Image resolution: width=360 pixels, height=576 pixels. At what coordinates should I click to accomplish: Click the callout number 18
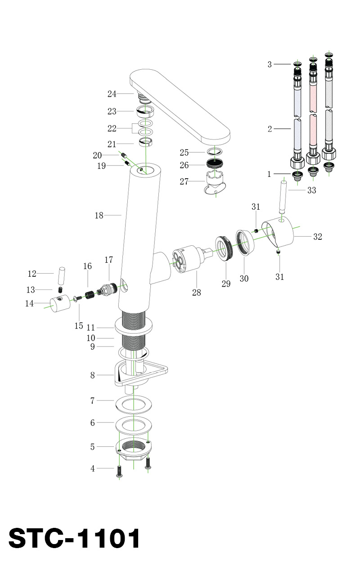pos(99,216)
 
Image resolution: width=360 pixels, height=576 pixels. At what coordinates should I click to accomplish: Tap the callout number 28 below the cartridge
pos(196,293)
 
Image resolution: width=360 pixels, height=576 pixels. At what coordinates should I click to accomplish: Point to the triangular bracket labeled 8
pos(139,373)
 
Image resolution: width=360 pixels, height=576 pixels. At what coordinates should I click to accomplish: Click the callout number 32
pos(318,237)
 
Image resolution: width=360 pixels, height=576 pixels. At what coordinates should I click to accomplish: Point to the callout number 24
pos(112,94)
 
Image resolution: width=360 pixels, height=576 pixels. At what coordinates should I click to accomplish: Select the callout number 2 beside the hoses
pos(270,129)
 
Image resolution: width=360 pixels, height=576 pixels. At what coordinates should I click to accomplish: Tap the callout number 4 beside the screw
pos(93,468)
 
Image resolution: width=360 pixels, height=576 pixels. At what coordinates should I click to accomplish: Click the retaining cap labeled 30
pos(244,243)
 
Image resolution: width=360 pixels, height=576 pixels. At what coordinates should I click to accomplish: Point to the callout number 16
pos(87,266)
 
